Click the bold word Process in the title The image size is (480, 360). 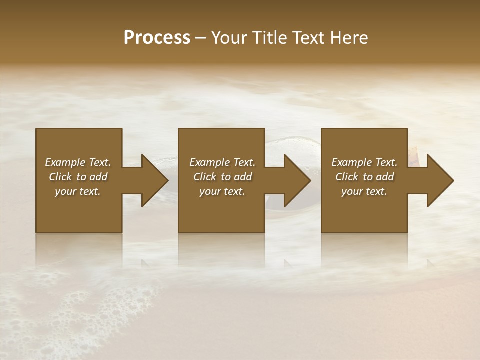tap(157, 38)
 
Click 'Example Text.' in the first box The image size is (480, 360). tap(78, 162)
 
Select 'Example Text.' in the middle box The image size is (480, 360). tap(222, 162)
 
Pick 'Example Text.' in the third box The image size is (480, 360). tap(364, 162)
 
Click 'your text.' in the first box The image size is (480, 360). tap(78, 191)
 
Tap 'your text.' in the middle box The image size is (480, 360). tap(222, 191)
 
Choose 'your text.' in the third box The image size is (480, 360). tap(364, 191)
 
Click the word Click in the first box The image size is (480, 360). tap(60, 177)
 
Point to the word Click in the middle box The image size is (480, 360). tap(205, 177)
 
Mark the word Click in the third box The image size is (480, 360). tap(347, 177)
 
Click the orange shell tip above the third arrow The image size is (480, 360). tap(414, 149)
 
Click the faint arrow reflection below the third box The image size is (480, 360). tap(430, 262)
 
